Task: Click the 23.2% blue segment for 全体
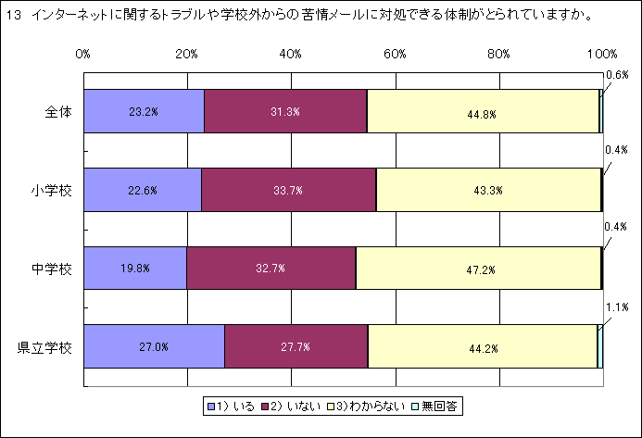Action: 144,112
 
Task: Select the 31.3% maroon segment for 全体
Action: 285,112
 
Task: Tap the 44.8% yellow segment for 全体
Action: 483,112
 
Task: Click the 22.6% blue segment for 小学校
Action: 142,190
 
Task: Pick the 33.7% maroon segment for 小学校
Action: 288,190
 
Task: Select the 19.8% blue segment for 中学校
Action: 134,269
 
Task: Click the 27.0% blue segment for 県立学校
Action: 154,347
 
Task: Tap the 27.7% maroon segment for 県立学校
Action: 296,347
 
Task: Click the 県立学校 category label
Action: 46,348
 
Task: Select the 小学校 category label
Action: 53,191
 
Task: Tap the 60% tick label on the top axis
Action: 395,54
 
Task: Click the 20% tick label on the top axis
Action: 187,54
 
